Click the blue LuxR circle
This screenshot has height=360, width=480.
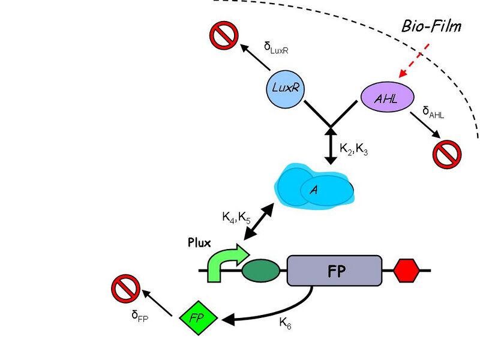pos(285,88)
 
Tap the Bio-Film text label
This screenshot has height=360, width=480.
pos(431,27)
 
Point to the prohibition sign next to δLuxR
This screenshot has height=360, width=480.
pos(223,36)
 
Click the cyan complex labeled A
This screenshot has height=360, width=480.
pos(314,190)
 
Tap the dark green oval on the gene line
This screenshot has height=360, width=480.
pos(260,271)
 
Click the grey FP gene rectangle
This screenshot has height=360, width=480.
pos(334,271)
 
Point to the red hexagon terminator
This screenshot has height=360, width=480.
pos(406,271)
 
